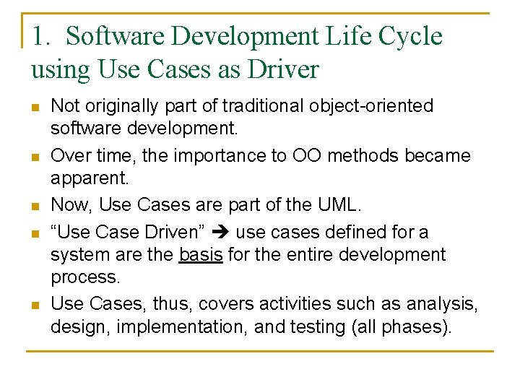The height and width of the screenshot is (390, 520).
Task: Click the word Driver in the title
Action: tap(283, 69)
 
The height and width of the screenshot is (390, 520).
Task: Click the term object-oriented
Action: tap(376, 106)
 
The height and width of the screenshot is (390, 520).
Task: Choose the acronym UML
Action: tap(337, 204)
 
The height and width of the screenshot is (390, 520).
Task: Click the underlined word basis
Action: tap(200, 254)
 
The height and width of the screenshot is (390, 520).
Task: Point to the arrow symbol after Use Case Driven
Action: tap(222, 232)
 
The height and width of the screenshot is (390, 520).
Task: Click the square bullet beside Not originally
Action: tap(34, 108)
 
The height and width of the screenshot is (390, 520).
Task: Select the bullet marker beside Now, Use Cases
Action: tap(34, 206)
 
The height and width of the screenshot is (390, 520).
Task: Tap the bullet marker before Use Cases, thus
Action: tap(34, 305)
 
